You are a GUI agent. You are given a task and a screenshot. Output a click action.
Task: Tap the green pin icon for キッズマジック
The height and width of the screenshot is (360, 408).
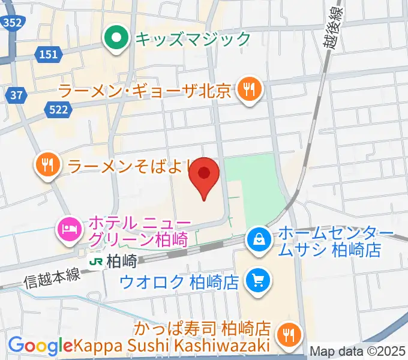point(116,40)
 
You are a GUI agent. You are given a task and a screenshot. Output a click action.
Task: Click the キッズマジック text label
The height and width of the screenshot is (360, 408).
point(193,40)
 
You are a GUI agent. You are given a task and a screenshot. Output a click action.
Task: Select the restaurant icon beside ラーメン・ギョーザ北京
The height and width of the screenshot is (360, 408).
point(248,91)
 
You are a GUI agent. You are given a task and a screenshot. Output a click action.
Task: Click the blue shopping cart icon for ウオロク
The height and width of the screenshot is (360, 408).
point(260,280)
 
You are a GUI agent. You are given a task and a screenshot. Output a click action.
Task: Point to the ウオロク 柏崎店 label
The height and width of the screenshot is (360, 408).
point(180,280)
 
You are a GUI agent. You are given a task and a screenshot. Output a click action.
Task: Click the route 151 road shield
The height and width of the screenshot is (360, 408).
point(49,55)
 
